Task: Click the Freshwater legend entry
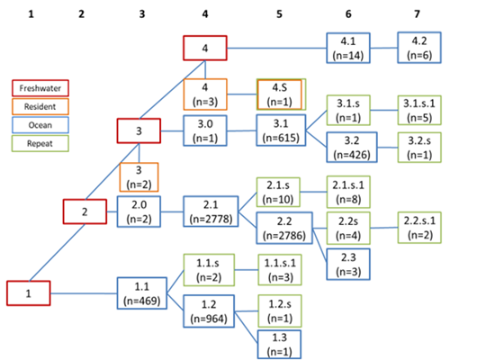[40, 88]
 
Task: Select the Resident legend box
[40, 106]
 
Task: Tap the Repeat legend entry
[40, 143]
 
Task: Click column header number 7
[417, 14]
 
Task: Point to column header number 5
[279, 14]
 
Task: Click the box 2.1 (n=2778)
[211, 211]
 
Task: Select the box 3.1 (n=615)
[281, 130]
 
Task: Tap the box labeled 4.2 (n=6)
[419, 48]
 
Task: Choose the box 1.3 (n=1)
[279, 344]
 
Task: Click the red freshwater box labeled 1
[28, 293]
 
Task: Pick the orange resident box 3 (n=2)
[139, 177]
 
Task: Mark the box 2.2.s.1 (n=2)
[419, 228]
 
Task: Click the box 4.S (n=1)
[280, 94]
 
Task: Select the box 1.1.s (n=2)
[209, 270]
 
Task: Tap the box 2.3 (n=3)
[348, 264]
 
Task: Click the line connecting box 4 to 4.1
[276, 48]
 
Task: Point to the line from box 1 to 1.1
[84, 293]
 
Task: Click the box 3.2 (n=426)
[352, 148]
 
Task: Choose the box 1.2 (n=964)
[209, 311]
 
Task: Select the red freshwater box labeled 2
[85, 211]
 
